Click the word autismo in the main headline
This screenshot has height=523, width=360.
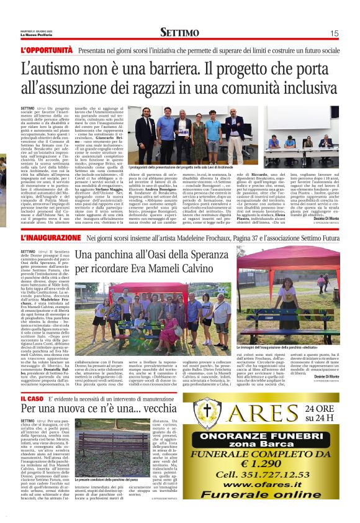tap(66, 68)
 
